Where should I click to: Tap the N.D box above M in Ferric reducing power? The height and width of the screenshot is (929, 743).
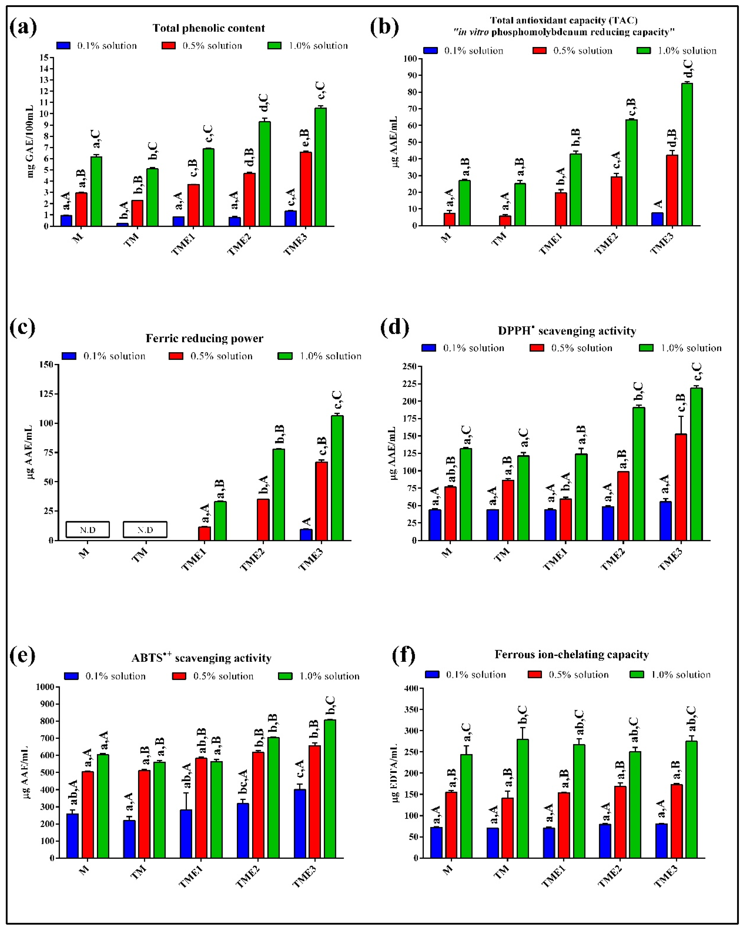pyautogui.click(x=87, y=530)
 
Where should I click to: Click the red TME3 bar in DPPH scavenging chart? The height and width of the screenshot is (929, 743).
pyautogui.click(x=681, y=487)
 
